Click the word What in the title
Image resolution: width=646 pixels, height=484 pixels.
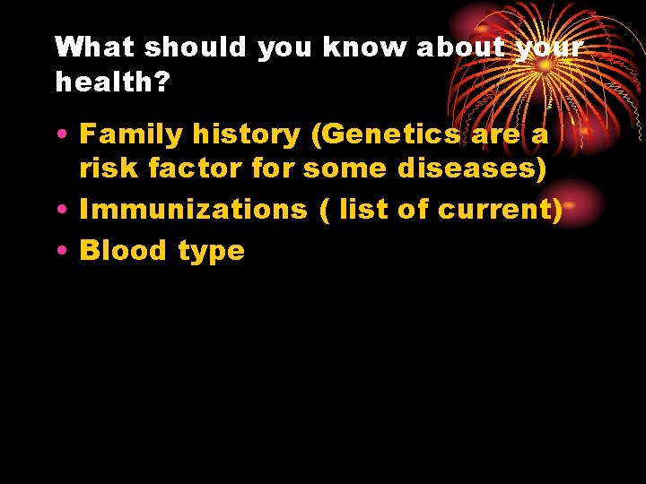(x=95, y=48)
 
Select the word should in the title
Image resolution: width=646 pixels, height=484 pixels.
(x=195, y=48)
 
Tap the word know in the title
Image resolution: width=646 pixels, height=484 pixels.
(x=363, y=48)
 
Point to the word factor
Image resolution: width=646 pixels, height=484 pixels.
(x=194, y=169)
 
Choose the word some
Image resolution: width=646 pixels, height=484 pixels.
(x=345, y=169)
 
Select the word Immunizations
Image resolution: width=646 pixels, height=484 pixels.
(x=193, y=209)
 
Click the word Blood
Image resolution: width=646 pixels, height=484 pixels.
(x=124, y=250)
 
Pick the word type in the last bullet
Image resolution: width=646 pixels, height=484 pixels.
(x=211, y=252)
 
